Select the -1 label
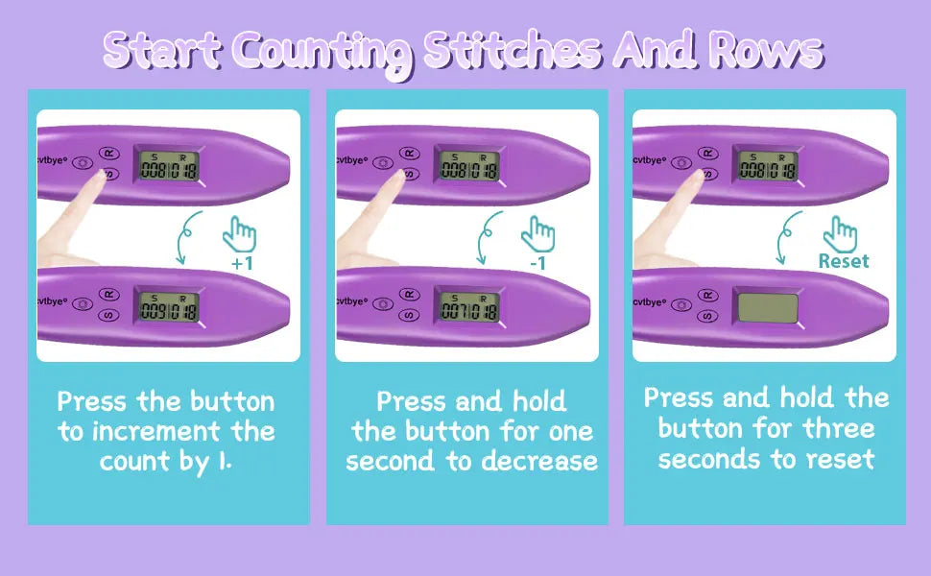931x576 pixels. tap(539, 261)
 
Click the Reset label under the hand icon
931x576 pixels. tap(843, 261)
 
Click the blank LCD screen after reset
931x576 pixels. tap(767, 308)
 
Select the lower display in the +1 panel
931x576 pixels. tap(168, 306)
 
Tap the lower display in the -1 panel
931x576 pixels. tap(467, 306)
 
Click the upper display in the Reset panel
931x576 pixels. tap(767, 166)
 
